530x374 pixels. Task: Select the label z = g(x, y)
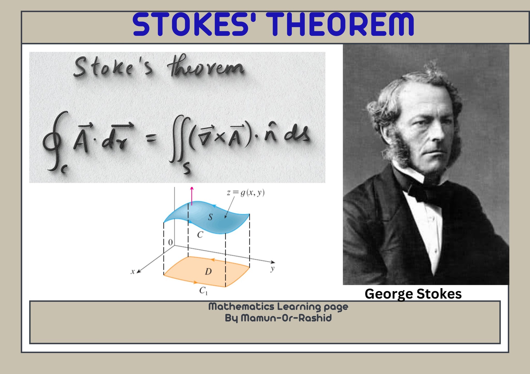click(246, 193)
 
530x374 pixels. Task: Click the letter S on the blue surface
click(210, 217)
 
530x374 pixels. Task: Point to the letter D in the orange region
click(208, 271)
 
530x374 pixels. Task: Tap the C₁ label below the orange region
click(203, 291)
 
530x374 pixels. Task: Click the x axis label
click(133, 271)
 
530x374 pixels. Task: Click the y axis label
click(273, 269)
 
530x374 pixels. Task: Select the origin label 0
click(170, 242)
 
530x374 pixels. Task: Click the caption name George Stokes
click(413, 294)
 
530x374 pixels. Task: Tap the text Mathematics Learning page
click(278, 307)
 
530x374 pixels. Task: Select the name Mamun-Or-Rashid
click(286, 318)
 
